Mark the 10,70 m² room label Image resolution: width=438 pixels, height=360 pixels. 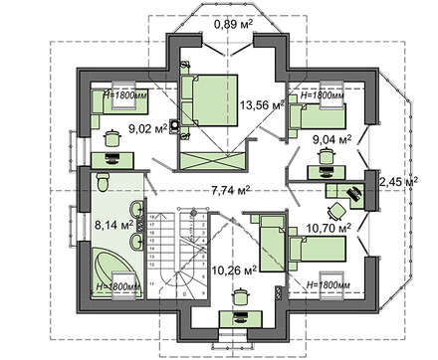(329, 228)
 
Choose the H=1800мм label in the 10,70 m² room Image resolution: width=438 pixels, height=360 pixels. (324, 285)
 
